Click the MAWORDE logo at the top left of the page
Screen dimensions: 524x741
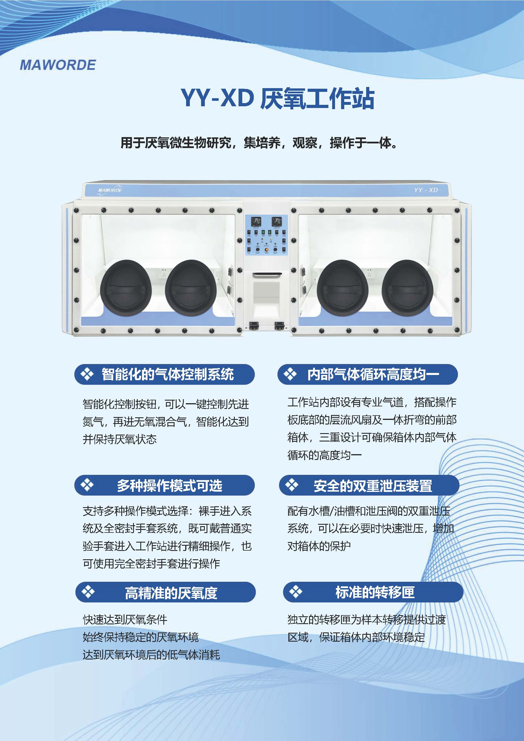[58, 65]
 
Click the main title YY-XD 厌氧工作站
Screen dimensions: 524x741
[277, 98]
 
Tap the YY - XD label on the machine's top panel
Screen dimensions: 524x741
[426, 190]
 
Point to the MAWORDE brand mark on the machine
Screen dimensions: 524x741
[110, 189]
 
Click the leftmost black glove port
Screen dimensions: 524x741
[126, 287]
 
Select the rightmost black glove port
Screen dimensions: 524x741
[407, 287]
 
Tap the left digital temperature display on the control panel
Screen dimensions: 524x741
[257, 221]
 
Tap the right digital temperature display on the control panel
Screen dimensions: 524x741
[277, 221]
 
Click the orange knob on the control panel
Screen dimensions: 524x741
[267, 249]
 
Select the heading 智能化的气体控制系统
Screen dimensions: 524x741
[168, 374]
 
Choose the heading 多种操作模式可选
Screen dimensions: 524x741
[169, 485]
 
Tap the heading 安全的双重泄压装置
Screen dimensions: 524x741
[373, 486]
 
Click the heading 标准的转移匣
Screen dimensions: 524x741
[375, 592]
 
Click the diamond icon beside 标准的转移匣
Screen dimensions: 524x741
[295, 592]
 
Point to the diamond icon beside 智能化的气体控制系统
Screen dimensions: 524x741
[87, 374]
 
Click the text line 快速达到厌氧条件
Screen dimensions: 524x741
[125, 619]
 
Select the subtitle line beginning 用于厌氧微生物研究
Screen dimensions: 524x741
[259, 143]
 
